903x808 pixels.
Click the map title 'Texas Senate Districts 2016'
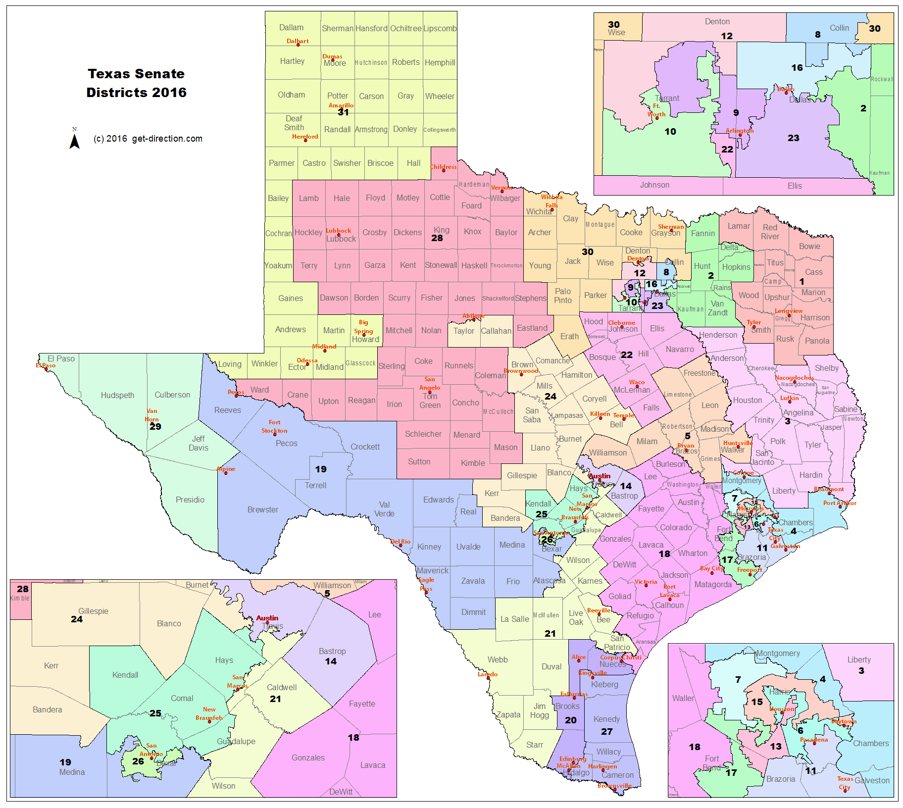click(x=136, y=83)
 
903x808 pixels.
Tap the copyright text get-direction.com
click(x=148, y=139)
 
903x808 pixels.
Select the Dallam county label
click(x=291, y=28)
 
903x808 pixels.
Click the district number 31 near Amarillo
click(x=343, y=112)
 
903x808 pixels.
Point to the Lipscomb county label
click(x=440, y=29)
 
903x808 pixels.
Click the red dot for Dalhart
click(x=298, y=45)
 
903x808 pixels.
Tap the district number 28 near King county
click(x=437, y=238)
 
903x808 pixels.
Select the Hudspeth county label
click(x=117, y=395)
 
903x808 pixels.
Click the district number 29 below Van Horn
click(x=155, y=427)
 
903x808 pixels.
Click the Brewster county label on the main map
click(x=262, y=509)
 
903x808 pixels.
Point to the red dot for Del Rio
click(x=401, y=545)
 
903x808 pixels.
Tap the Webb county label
click(x=497, y=659)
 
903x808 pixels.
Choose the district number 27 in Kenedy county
click(x=606, y=731)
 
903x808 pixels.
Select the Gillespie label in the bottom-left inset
click(x=93, y=611)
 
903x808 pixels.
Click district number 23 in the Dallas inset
click(x=793, y=138)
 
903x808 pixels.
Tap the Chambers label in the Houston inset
click(x=870, y=743)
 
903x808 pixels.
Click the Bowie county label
click(x=809, y=246)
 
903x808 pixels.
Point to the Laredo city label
click(x=487, y=674)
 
